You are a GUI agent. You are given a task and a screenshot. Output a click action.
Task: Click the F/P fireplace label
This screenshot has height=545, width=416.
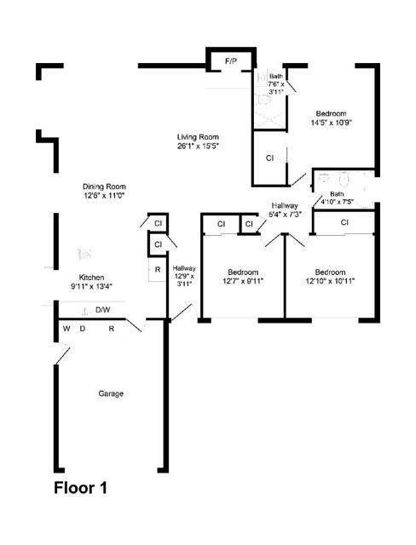(x=231, y=61)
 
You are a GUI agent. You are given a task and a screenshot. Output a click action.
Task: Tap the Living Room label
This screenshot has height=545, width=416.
(x=198, y=137)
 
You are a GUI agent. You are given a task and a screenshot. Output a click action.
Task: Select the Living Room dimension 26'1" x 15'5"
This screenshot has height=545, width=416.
(x=198, y=146)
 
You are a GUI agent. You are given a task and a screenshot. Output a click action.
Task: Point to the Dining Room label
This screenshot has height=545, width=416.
(x=104, y=186)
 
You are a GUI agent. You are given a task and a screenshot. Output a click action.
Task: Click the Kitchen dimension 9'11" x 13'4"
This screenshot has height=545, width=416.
(x=91, y=286)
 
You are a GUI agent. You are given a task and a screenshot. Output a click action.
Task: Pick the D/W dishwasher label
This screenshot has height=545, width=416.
(x=103, y=310)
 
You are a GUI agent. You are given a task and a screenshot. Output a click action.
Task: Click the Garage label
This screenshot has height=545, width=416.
(x=111, y=393)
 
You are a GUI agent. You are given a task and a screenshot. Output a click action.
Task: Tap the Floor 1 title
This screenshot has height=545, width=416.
(x=80, y=488)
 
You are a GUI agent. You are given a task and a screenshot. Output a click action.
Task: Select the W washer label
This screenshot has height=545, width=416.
(x=66, y=329)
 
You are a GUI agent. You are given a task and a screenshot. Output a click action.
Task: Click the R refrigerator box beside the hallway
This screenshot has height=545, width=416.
(x=157, y=270)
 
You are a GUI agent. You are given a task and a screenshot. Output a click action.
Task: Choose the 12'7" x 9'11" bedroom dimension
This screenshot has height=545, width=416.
(x=243, y=281)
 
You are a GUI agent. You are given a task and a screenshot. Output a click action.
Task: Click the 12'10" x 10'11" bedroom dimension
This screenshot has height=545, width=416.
(x=330, y=281)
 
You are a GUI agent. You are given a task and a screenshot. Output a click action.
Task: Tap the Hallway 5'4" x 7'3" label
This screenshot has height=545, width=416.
(x=285, y=210)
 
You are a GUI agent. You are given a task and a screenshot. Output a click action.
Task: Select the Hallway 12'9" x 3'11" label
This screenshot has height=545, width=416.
(x=184, y=276)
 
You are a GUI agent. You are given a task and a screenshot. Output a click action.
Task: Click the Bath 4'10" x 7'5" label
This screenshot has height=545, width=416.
(x=337, y=198)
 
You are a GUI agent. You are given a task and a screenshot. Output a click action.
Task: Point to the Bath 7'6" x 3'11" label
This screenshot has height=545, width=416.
(x=276, y=84)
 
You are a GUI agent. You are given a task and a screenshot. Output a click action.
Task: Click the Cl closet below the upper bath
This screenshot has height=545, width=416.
(x=269, y=158)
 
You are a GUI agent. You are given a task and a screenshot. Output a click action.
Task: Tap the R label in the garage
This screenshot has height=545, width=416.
(x=112, y=329)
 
